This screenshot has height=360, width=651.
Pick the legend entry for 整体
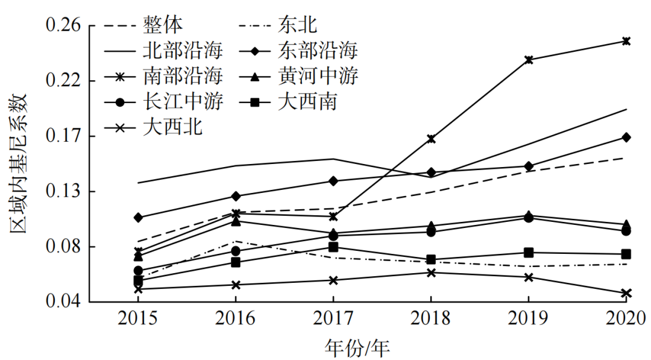coord(163,24)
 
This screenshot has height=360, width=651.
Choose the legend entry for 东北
coord(298,24)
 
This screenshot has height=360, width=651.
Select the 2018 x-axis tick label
coord(430,318)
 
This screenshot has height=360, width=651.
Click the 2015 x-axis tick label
coord(138,318)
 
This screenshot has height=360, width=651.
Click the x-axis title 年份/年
coord(357,347)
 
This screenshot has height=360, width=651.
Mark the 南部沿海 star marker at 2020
coord(626,41)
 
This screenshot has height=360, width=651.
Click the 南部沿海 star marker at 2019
coord(529,60)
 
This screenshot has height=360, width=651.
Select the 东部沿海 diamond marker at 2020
coord(626,137)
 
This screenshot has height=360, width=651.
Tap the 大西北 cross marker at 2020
coord(626,294)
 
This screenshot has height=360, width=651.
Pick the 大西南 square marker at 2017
coord(333,247)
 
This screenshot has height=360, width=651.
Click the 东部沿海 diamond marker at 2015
coord(138,217)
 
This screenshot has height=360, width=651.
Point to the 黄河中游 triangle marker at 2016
coord(236,221)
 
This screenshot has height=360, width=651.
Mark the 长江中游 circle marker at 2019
coord(529,218)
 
